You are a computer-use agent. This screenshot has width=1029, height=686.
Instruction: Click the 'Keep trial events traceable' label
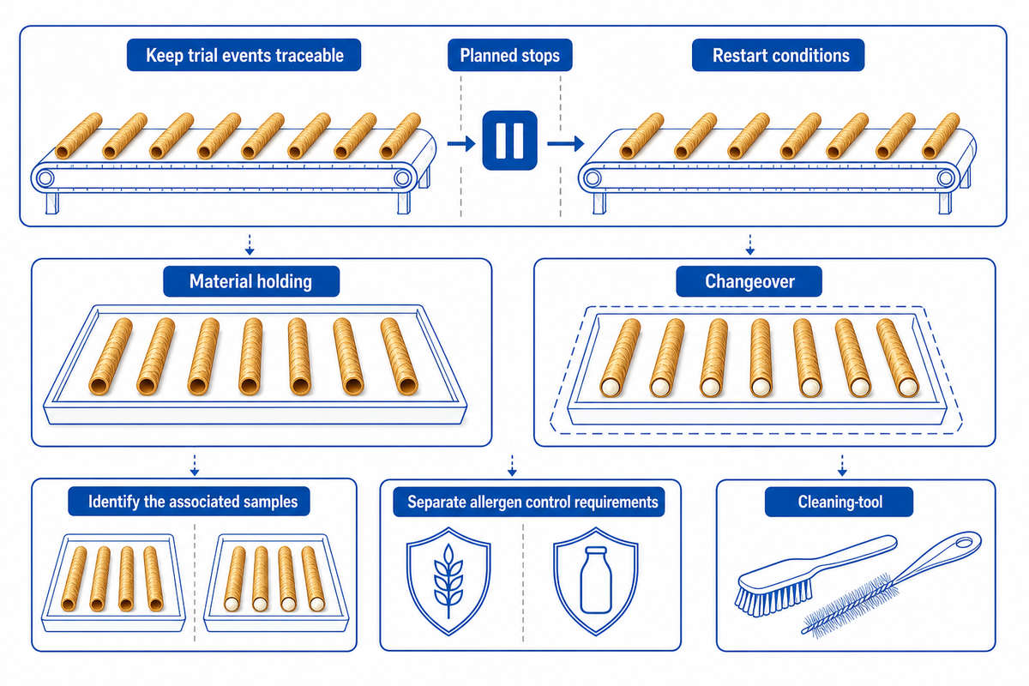[244, 56]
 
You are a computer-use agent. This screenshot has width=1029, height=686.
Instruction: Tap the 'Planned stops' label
[510, 56]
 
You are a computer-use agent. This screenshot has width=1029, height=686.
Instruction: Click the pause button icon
[509, 140]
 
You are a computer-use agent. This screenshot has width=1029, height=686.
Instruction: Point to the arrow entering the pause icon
[461, 144]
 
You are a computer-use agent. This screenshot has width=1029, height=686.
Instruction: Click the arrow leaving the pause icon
[565, 144]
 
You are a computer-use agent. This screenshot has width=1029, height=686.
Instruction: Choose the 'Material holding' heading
[250, 281]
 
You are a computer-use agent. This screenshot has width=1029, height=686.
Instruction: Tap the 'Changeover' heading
[749, 281]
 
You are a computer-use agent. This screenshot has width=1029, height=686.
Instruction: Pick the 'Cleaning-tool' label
[839, 502]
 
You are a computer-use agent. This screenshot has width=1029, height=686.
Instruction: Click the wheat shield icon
[448, 581]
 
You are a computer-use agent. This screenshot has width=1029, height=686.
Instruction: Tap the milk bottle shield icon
[596, 581]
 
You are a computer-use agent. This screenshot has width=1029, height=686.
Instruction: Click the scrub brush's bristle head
[773, 595]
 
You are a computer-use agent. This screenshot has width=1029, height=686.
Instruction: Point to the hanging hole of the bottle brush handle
[964, 543]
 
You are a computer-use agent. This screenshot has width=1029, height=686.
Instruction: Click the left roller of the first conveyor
[45, 178]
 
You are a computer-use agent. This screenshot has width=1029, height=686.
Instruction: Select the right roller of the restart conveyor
[946, 178]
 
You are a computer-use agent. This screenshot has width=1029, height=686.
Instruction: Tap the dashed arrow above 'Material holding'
[250, 245]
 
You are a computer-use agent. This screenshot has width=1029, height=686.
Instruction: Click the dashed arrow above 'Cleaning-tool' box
[842, 466]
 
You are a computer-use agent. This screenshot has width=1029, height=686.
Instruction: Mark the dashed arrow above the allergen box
[512, 466]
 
